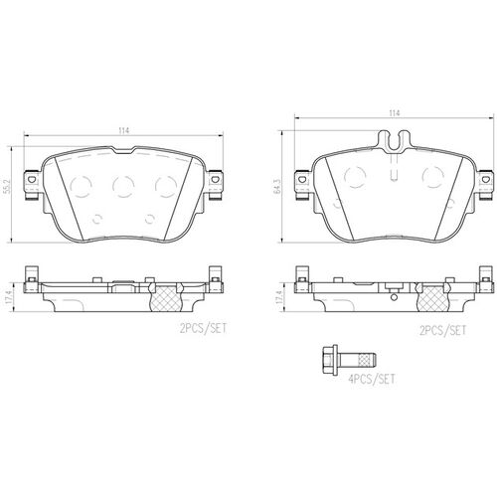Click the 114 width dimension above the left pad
click(123, 130)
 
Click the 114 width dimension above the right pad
click(396, 112)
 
